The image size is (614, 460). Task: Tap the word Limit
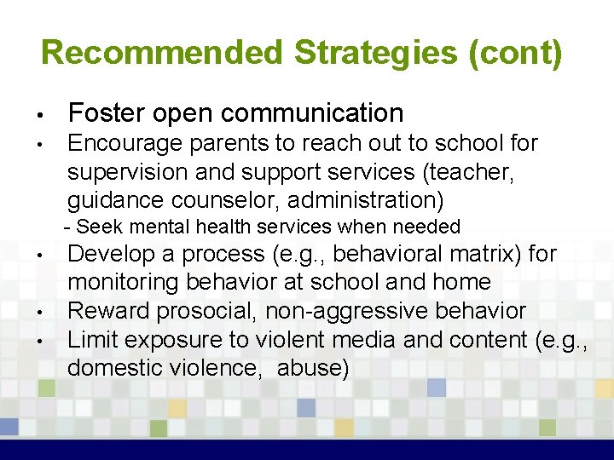pyautogui.click(x=92, y=339)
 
